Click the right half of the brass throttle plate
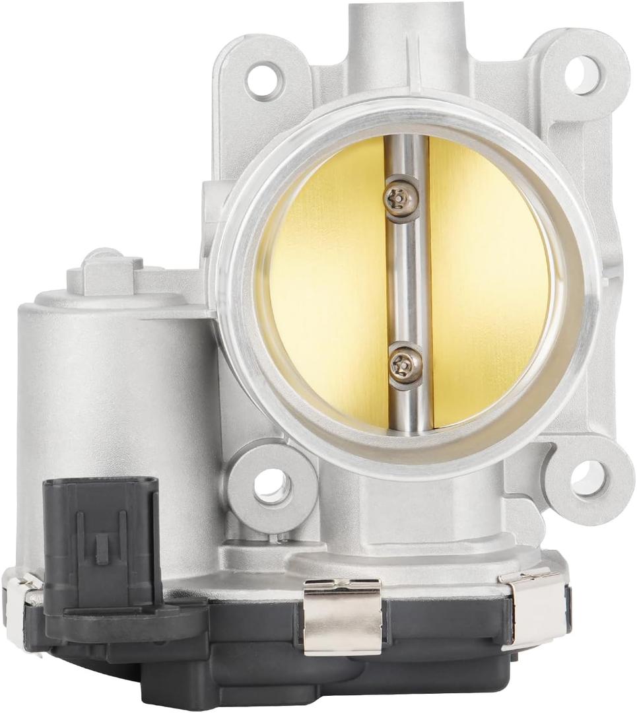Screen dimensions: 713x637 [488, 284]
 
